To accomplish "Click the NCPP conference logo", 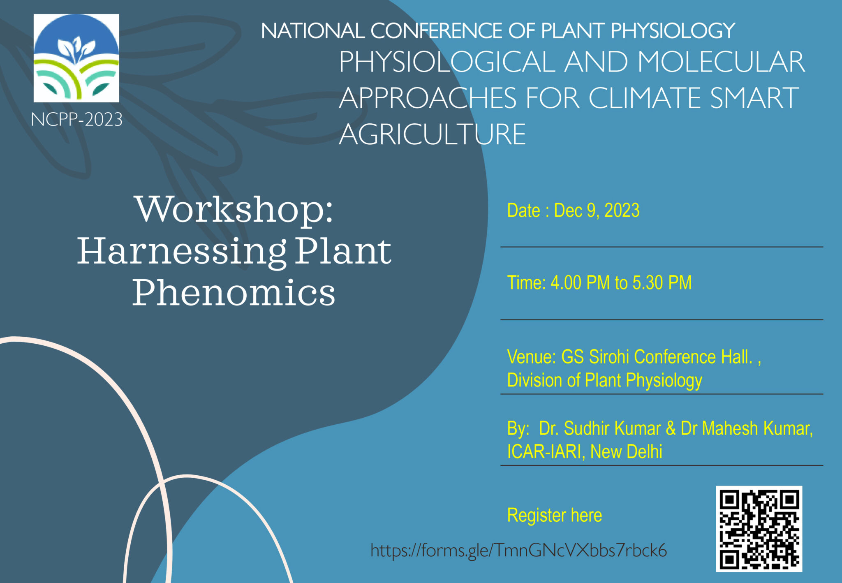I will click(76, 58).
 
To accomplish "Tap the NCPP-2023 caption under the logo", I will click(76, 120).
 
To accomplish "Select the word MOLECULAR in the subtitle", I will click(721, 62).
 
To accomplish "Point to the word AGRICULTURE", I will click(432, 135).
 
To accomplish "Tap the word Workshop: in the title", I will click(234, 209).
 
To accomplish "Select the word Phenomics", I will click(234, 293).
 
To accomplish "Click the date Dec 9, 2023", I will click(597, 211).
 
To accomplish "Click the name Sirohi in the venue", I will click(609, 357).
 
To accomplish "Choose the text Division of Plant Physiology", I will click(604, 380).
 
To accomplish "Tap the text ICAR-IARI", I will click(544, 452).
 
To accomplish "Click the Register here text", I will click(554, 515).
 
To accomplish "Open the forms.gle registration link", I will click(518, 550).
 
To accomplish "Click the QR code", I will click(759, 529).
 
